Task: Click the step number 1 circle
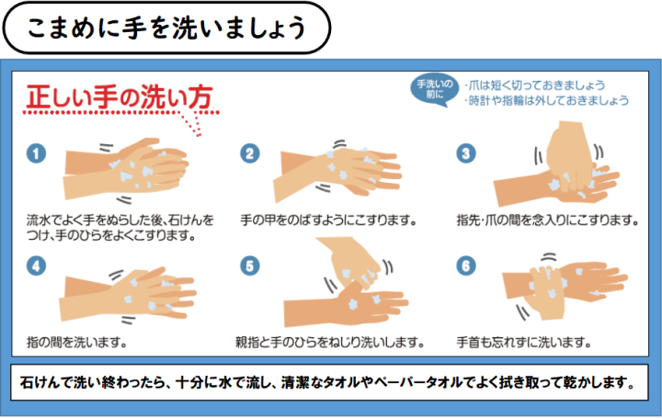coord(36,153)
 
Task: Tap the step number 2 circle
coord(250,153)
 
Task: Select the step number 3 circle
coord(466,153)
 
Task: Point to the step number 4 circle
coord(36,266)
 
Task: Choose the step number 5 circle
coord(250,266)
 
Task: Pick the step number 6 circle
coord(466,266)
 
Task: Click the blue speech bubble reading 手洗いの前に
coord(434,89)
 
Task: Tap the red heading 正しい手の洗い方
coord(119,97)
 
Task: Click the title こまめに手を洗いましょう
coord(166,28)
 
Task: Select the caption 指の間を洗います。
coord(77,342)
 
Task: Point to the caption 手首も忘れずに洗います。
coord(523,342)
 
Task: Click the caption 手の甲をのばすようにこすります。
coord(328,220)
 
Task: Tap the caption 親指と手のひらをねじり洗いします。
coord(330,342)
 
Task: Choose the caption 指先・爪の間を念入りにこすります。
coord(547,220)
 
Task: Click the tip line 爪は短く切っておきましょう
coord(535,85)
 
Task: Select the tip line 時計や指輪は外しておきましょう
coord(547,100)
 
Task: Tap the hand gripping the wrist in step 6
coord(545,292)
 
